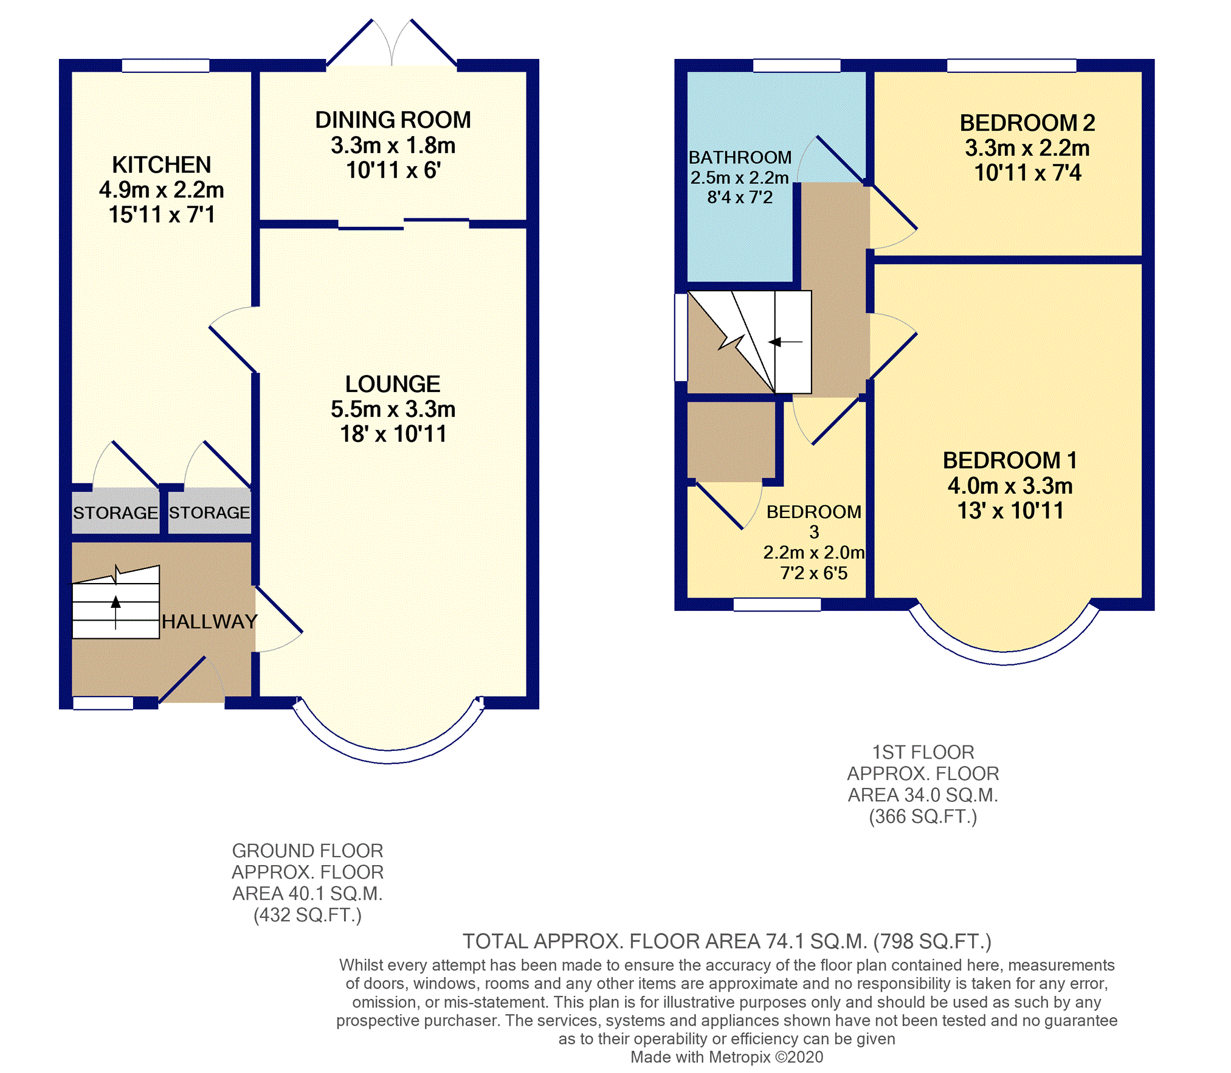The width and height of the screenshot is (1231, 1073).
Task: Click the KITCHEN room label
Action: coord(162,165)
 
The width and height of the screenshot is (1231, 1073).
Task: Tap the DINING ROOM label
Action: coord(393,120)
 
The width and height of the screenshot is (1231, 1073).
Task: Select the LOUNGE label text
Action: coord(393,384)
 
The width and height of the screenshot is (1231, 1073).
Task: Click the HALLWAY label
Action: coord(210,621)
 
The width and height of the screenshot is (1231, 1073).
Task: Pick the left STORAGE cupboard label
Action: coord(116,512)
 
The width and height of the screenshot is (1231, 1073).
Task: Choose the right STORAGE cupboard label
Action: coord(209,512)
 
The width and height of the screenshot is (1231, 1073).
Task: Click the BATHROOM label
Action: coord(740,157)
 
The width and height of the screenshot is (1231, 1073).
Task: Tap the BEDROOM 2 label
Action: coord(1027,123)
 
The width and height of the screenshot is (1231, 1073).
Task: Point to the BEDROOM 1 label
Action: coord(1010,460)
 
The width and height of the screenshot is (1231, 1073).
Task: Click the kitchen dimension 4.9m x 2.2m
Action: coord(162,190)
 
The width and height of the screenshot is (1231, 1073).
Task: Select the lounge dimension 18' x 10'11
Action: coord(393,434)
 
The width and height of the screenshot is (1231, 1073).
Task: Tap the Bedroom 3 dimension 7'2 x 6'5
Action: coord(814,573)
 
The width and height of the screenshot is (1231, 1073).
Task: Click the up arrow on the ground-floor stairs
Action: coord(116,612)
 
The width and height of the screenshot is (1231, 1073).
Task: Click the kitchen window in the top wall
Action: coord(165,66)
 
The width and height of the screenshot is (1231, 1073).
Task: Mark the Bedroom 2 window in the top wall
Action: coord(1012,66)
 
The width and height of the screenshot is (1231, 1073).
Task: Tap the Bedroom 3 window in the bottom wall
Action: coord(777,604)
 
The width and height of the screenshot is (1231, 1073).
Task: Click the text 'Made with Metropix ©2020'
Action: coord(726,1057)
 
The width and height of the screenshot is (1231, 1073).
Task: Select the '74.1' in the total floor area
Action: coord(785,941)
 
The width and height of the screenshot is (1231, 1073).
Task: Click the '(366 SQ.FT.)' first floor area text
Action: coord(923,816)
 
